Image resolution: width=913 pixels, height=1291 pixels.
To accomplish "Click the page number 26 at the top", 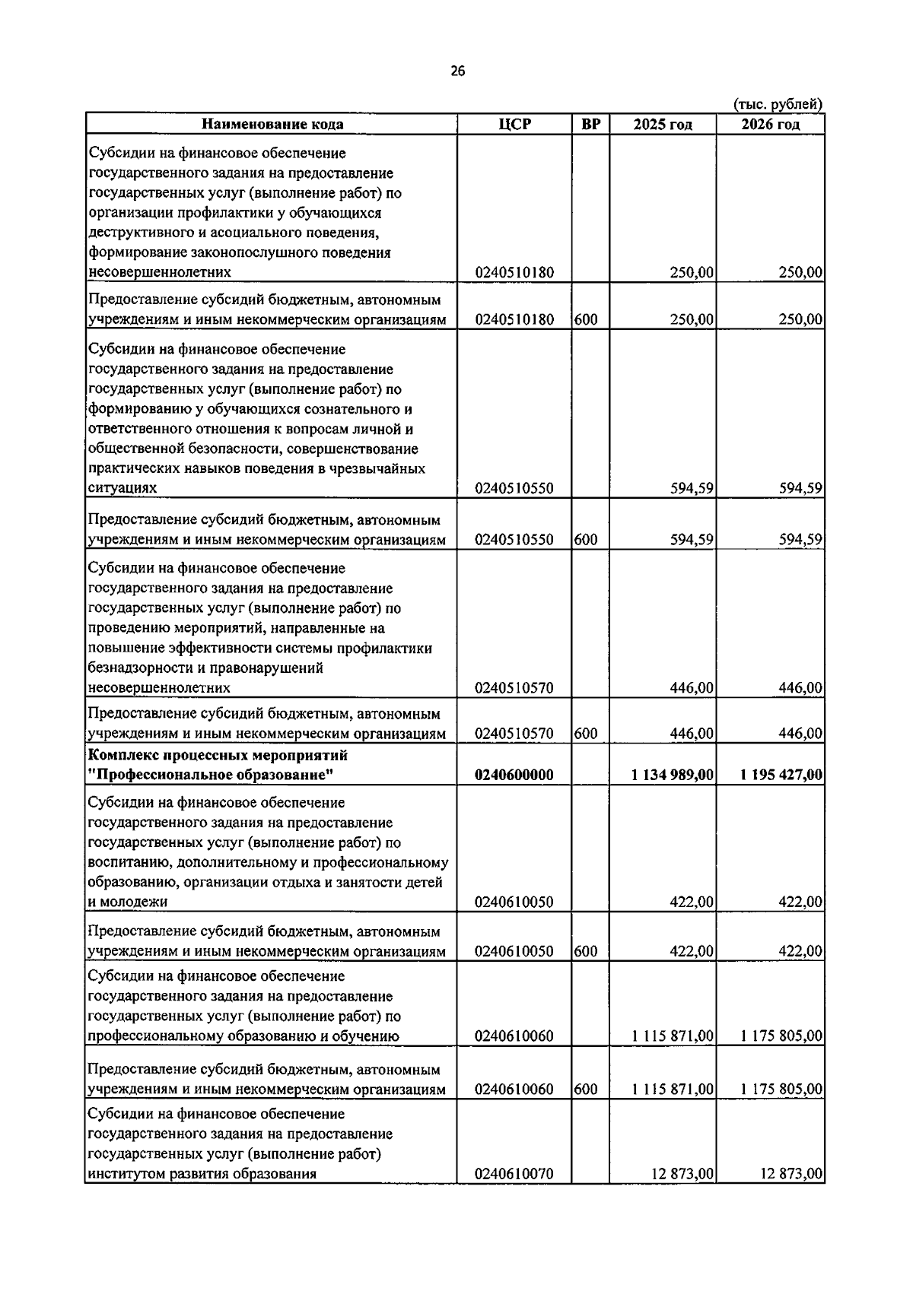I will (456, 71).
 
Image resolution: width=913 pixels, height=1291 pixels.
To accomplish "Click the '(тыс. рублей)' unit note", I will (778, 104).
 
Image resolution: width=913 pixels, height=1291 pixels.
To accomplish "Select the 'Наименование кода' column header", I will (272, 124).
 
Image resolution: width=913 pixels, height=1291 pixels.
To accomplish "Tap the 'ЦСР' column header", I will (514, 124).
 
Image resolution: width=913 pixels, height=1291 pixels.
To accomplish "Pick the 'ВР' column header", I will (590, 124).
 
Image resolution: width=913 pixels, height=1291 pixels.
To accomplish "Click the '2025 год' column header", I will (663, 124).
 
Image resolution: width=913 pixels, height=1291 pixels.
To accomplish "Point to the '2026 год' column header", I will (770, 124).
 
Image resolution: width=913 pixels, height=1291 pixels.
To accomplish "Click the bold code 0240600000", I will (514, 775).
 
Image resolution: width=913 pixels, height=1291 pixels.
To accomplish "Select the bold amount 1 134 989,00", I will (672, 775).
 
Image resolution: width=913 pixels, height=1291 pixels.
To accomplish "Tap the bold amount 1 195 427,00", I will (781, 775).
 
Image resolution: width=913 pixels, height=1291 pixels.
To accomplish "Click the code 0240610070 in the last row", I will (514, 1195).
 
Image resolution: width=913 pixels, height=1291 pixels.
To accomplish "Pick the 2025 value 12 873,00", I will (682, 1195).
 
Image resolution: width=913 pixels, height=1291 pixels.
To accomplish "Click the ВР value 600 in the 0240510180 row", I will (586, 319).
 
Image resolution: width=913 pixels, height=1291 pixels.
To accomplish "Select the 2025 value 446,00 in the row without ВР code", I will (692, 688).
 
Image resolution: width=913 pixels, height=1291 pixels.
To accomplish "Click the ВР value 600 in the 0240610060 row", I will (586, 1090).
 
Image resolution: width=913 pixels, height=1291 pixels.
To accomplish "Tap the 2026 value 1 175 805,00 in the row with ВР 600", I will (781, 1090).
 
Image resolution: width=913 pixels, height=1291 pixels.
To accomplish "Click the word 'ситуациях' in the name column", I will (122, 488).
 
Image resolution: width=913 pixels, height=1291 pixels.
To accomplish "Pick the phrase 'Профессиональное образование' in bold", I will (212, 776).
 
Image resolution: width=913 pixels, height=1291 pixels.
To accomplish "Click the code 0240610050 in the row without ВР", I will (514, 902).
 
